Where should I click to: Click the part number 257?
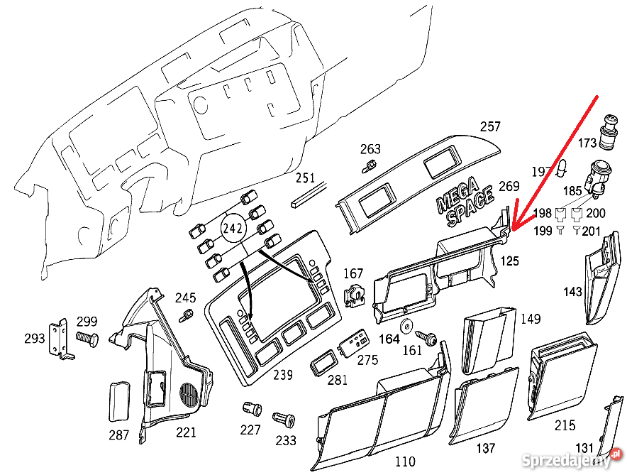490,127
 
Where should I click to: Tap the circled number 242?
233,229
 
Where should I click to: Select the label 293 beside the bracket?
34,339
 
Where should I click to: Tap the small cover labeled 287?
118,402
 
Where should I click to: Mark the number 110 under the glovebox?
404,462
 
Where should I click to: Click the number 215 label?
565,425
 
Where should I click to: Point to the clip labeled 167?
353,295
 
